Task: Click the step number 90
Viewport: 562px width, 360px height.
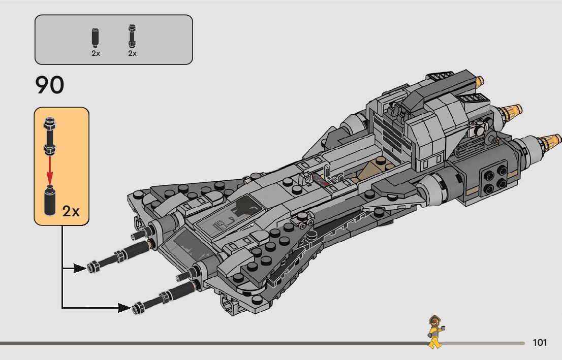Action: click(x=50, y=86)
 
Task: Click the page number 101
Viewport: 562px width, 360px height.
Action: click(x=540, y=343)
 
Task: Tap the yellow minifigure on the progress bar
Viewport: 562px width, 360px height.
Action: click(x=435, y=332)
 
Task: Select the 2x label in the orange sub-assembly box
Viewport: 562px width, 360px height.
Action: click(x=71, y=211)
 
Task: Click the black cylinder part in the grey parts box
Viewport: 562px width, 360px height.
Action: click(x=96, y=37)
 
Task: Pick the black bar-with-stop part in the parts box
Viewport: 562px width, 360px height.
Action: click(x=132, y=35)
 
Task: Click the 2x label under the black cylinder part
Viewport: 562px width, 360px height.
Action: click(x=96, y=53)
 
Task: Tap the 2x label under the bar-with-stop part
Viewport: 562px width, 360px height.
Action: click(x=132, y=53)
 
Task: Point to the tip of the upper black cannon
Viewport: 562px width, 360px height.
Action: click(x=93, y=266)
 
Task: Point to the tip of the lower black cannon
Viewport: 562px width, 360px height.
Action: click(x=137, y=307)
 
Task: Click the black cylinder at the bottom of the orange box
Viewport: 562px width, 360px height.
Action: click(x=50, y=201)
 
